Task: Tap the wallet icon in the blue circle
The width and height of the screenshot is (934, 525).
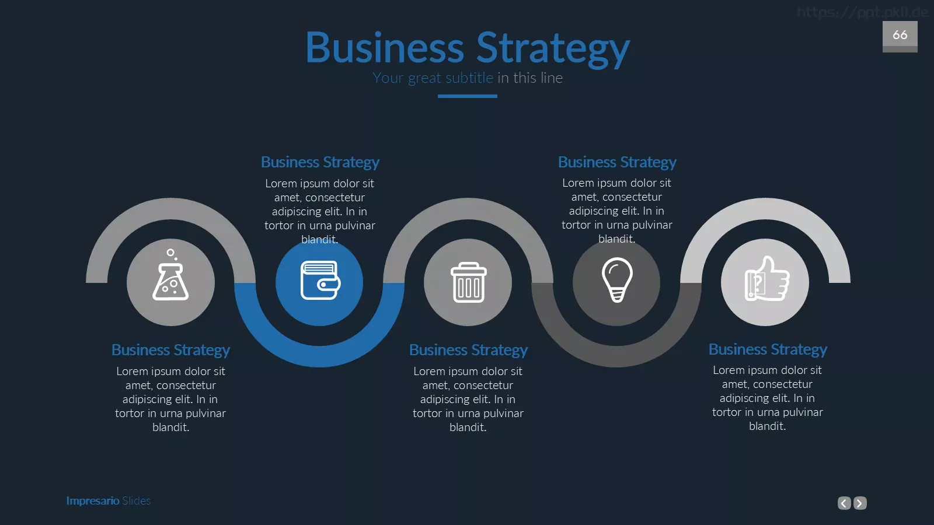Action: [320, 280]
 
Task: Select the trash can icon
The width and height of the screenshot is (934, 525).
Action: [468, 282]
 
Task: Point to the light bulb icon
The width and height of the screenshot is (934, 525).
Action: [617, 279]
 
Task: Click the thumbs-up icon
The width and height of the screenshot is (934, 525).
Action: [767, 278]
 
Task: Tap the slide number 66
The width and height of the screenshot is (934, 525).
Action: [900, 34]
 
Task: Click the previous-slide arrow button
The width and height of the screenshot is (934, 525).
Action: [844, 503]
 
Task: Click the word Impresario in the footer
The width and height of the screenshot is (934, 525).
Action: [93, 501]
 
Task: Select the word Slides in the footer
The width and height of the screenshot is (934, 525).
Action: [137, 501]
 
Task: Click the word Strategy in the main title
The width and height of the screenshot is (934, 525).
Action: [553, 49]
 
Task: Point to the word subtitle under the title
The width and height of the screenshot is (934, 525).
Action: [469, 78]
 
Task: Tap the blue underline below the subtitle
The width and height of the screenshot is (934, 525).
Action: [468, 96]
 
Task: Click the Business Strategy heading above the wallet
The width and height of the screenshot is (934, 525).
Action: [320, 162]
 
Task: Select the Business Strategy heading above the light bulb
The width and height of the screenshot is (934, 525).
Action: [617, 162]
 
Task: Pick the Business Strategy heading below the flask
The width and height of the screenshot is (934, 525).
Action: [170, 350]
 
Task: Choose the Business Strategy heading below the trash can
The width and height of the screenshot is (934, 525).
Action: [468, 350]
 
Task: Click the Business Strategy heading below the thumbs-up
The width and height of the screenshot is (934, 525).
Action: [768, 349]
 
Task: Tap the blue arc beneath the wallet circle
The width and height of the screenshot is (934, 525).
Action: [319, 356]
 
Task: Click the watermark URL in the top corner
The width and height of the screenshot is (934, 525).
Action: [862, 12]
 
